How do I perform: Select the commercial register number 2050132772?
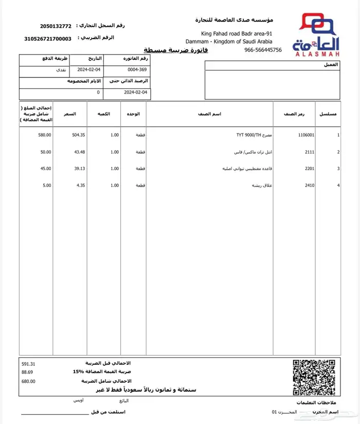point(56,26)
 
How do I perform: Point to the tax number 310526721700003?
point(48,39)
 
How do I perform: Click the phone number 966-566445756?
point(263,50)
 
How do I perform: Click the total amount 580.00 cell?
point(45,135)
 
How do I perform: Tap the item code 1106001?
point(306,135)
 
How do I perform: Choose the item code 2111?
point(309,152)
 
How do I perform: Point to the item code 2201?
point(309,169)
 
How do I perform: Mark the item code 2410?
point(309,185)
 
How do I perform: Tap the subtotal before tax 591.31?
point(29,363)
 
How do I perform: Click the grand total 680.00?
point(29,381)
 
